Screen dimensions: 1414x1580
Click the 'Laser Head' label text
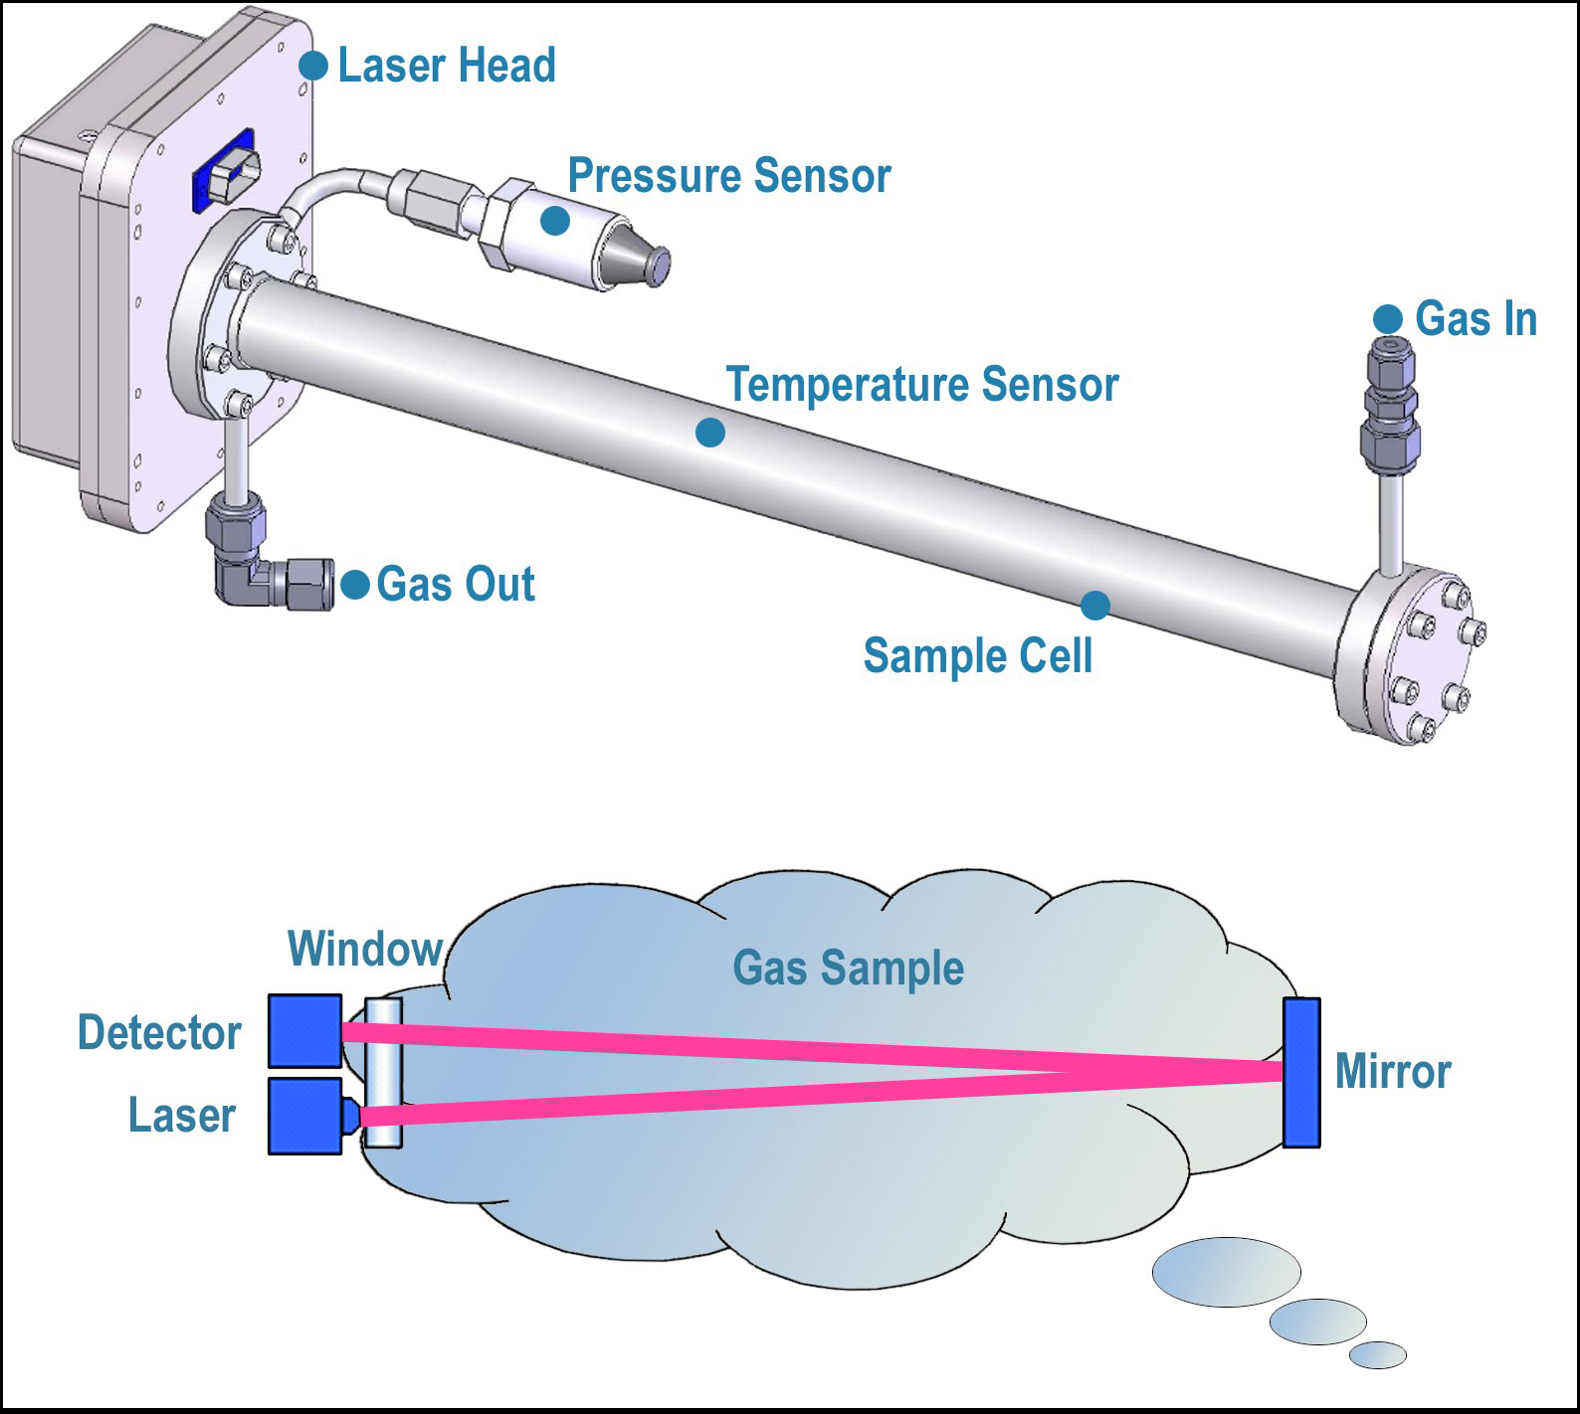[447, 66]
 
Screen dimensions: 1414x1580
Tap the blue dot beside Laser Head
[313, 66]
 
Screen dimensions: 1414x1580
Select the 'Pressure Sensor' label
[728, 176]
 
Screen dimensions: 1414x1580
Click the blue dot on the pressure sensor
[555, 220]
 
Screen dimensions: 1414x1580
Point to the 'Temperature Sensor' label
[922, 385]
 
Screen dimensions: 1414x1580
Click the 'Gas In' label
[1476, 319]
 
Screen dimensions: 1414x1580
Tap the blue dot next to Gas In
[1388, 319]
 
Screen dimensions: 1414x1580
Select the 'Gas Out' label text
[456, 584]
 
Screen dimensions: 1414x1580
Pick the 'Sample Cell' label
[978, 656]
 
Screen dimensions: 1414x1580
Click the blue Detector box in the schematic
[305, 1031]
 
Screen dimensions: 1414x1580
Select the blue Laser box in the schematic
[305, 1116]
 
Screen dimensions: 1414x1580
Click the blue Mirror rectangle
[1301, 1072]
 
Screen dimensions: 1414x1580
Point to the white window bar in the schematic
[383, 1073]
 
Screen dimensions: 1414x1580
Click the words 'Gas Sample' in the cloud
[848, 968]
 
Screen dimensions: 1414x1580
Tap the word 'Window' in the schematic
[365, 949]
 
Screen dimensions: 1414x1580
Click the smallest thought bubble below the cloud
[1378, 1354]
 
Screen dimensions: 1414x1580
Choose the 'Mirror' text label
[1392, 1072]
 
